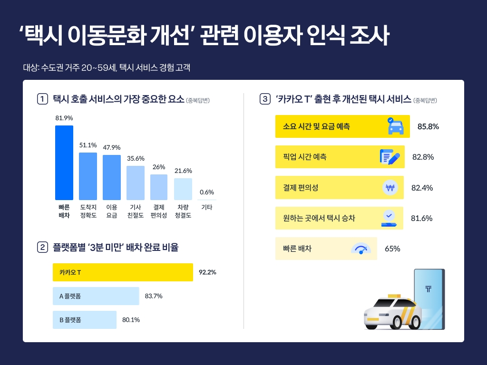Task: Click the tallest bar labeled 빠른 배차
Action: click(64, 163)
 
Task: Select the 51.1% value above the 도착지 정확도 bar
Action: click(88, 145)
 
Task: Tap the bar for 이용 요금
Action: click(112, 177)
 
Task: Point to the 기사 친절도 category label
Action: click(136, 211)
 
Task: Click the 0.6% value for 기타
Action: click(207, 192)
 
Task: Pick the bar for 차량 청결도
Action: click(183, 189)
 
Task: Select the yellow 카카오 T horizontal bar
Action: click(123, 272)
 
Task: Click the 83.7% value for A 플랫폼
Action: click(154, 296)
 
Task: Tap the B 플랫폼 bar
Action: click(85, 320)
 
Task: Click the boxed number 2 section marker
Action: click(42, 247)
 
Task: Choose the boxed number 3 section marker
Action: click(265, 99)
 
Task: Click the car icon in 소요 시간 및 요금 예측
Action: click(395, 126)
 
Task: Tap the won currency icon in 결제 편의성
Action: click(390, 188)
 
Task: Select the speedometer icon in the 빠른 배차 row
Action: click(360, 249)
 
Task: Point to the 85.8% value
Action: click(428, 127)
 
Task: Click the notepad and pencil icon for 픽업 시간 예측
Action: click(390, 157)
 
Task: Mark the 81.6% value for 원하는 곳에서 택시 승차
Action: click(421, 218)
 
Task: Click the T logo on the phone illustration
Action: click(429, 288)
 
